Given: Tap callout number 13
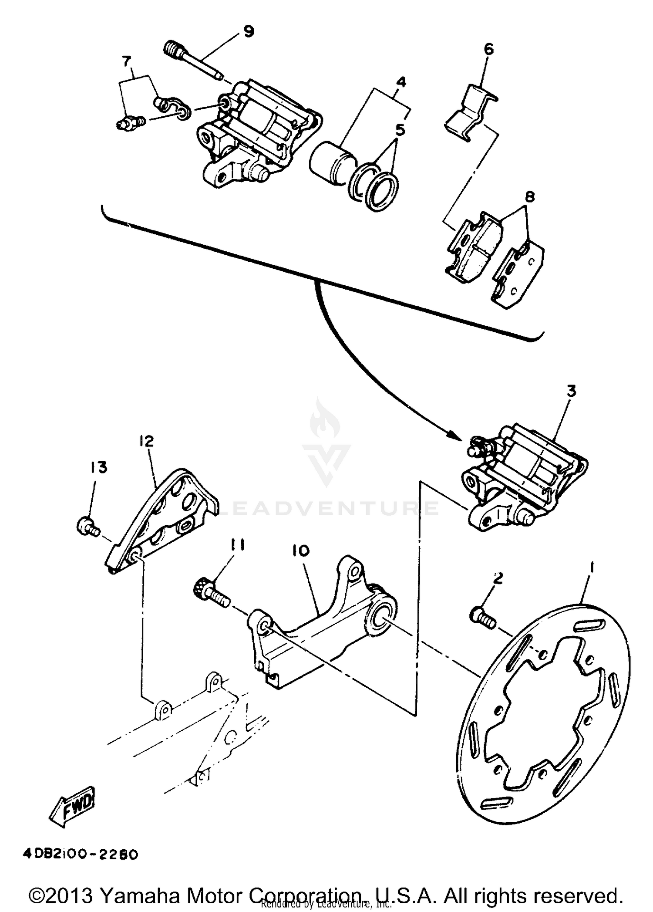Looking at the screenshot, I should [x=99, y=467].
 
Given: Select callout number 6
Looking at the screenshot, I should [x=489, y=49].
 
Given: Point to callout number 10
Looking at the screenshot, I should [x=300, y=551].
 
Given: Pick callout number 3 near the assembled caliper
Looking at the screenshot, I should [x=571, y=391].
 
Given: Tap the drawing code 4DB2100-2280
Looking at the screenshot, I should [x=81, y=854].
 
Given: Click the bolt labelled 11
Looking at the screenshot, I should [x=211, y=593].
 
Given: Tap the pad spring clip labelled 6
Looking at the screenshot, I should [x=471, y=111].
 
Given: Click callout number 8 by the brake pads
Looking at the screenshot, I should [x=529, y=197].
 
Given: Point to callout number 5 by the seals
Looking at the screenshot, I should [x=400, y=129].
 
